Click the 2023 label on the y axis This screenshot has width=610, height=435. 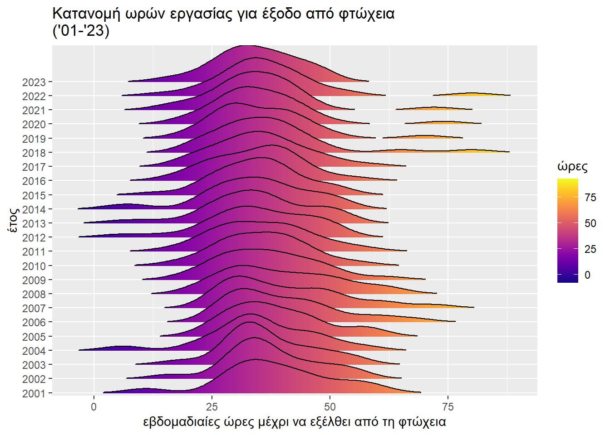[x=34, y=82]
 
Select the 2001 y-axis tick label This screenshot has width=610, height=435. [x=34, y=393]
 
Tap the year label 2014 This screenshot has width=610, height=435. [x=34, y=209]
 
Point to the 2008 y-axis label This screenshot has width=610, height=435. [x=34, y=294]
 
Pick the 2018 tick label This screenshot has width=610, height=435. [x=34, y=153]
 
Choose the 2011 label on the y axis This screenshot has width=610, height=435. [x=34, y=251]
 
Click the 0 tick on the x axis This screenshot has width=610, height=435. [x=94, y=406]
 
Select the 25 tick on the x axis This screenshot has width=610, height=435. [x=212, y=406]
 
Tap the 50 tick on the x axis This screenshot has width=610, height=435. [x=330, y=406]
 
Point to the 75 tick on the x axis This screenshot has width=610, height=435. [x=448, y=406]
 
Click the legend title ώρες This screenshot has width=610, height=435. [x=572, y=167]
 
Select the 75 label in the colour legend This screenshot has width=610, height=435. [x=590, y=197]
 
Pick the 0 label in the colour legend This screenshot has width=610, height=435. [x=587, y=275]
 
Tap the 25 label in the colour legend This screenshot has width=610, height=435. [x=590, y=249]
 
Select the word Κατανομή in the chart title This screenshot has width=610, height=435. [x=86, y=14]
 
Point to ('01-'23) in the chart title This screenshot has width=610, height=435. [x=81, y=31]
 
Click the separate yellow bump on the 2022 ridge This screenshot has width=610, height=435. [x=472, y=94]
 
